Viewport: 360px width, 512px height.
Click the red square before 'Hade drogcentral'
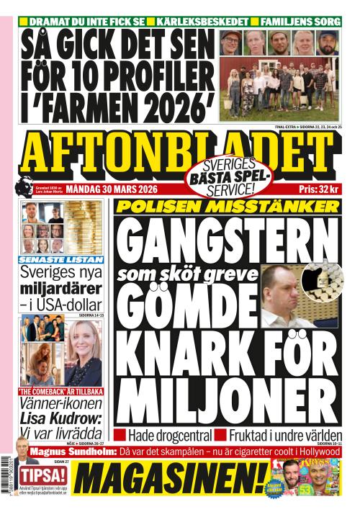coord(120,435)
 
